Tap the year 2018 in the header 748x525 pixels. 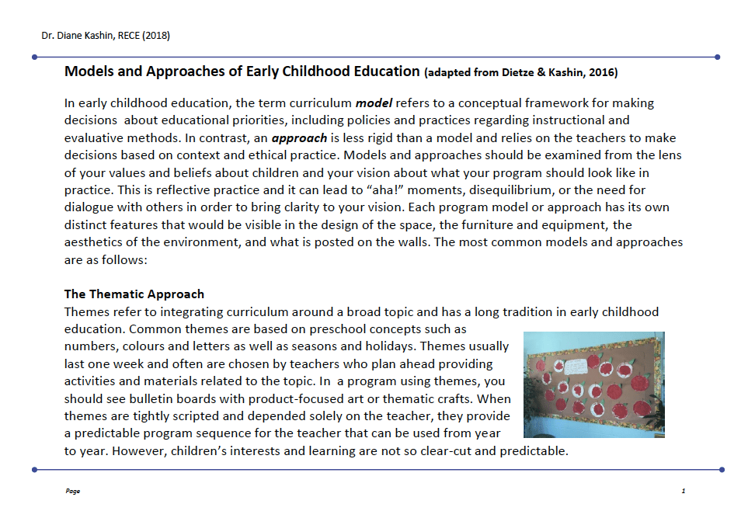(155, 36)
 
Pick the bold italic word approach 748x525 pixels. (299, 137)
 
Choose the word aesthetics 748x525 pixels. (96, 242)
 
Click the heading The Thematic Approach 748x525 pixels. (134, 294)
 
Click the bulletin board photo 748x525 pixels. (594, 384)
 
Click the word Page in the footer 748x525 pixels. (73, 491)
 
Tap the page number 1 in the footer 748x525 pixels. (683, 491)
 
